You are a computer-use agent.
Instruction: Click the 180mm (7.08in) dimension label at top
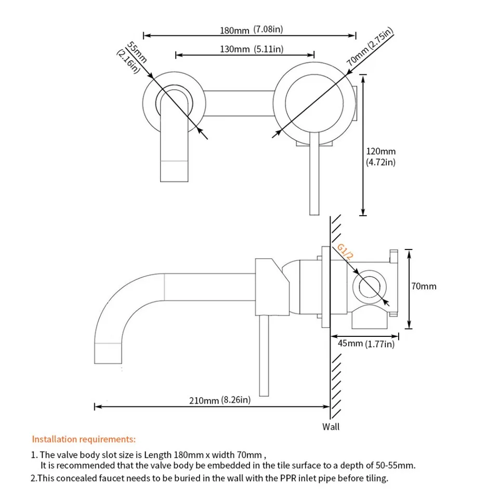(251, 30)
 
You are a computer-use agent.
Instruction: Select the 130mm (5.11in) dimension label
(251, 49)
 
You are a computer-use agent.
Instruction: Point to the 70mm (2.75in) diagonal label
(370, 47)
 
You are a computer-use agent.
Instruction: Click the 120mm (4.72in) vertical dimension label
(380, 157)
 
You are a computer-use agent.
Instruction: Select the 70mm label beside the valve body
(424, 286)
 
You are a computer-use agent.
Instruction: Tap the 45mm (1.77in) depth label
(366, 344)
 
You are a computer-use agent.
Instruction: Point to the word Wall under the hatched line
(331, 427)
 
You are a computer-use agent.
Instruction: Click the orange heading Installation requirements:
(84, 439)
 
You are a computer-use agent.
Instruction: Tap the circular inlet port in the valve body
(371, 286)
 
